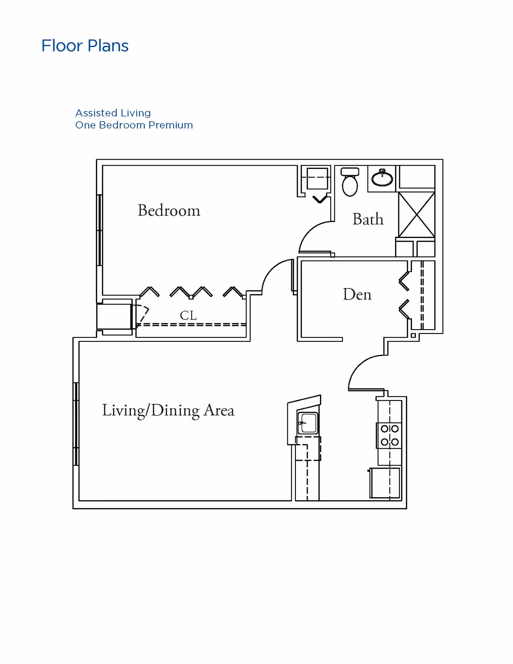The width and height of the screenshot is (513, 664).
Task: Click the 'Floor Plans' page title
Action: (85, 46)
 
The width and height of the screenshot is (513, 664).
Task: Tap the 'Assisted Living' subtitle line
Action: (113, 113)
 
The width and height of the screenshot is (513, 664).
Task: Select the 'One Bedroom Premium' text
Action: (134, 125)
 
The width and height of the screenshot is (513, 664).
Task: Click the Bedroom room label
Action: (169, 210)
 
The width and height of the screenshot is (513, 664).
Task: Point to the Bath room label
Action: (368, 219)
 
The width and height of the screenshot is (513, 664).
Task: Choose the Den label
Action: (357, 294)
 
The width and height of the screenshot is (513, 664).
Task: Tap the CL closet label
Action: (188, 315)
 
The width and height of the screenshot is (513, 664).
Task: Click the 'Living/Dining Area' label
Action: (168, 410)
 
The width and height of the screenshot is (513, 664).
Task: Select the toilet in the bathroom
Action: (350, 182)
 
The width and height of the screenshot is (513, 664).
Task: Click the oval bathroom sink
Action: (382, 178)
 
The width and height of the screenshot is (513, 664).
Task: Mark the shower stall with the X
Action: (416, 215)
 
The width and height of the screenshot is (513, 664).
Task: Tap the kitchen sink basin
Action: (308, 423)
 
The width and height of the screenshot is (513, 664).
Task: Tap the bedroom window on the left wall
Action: (99, 230)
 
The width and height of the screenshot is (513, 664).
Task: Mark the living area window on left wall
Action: (76, 424)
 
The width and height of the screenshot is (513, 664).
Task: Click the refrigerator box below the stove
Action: (385, 483)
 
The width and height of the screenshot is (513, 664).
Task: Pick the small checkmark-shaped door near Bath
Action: (320, 199)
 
